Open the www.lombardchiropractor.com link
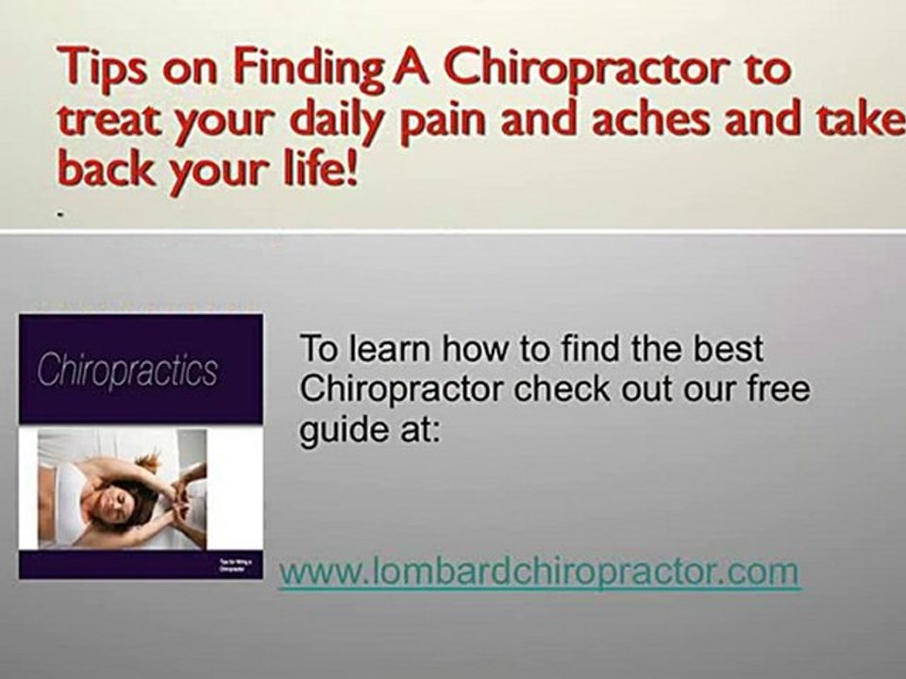click(x=540, y=571)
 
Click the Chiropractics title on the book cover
click(x=127, y=371)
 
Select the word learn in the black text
click(x=393, y=348)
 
